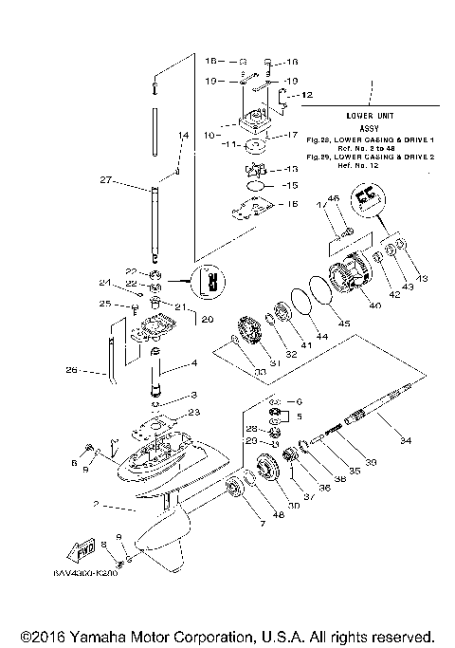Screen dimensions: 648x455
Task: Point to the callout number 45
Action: [x=344, y=324]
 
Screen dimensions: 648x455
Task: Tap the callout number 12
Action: [x=307, y=95]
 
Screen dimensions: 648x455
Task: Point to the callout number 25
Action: [x=106, y=304]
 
